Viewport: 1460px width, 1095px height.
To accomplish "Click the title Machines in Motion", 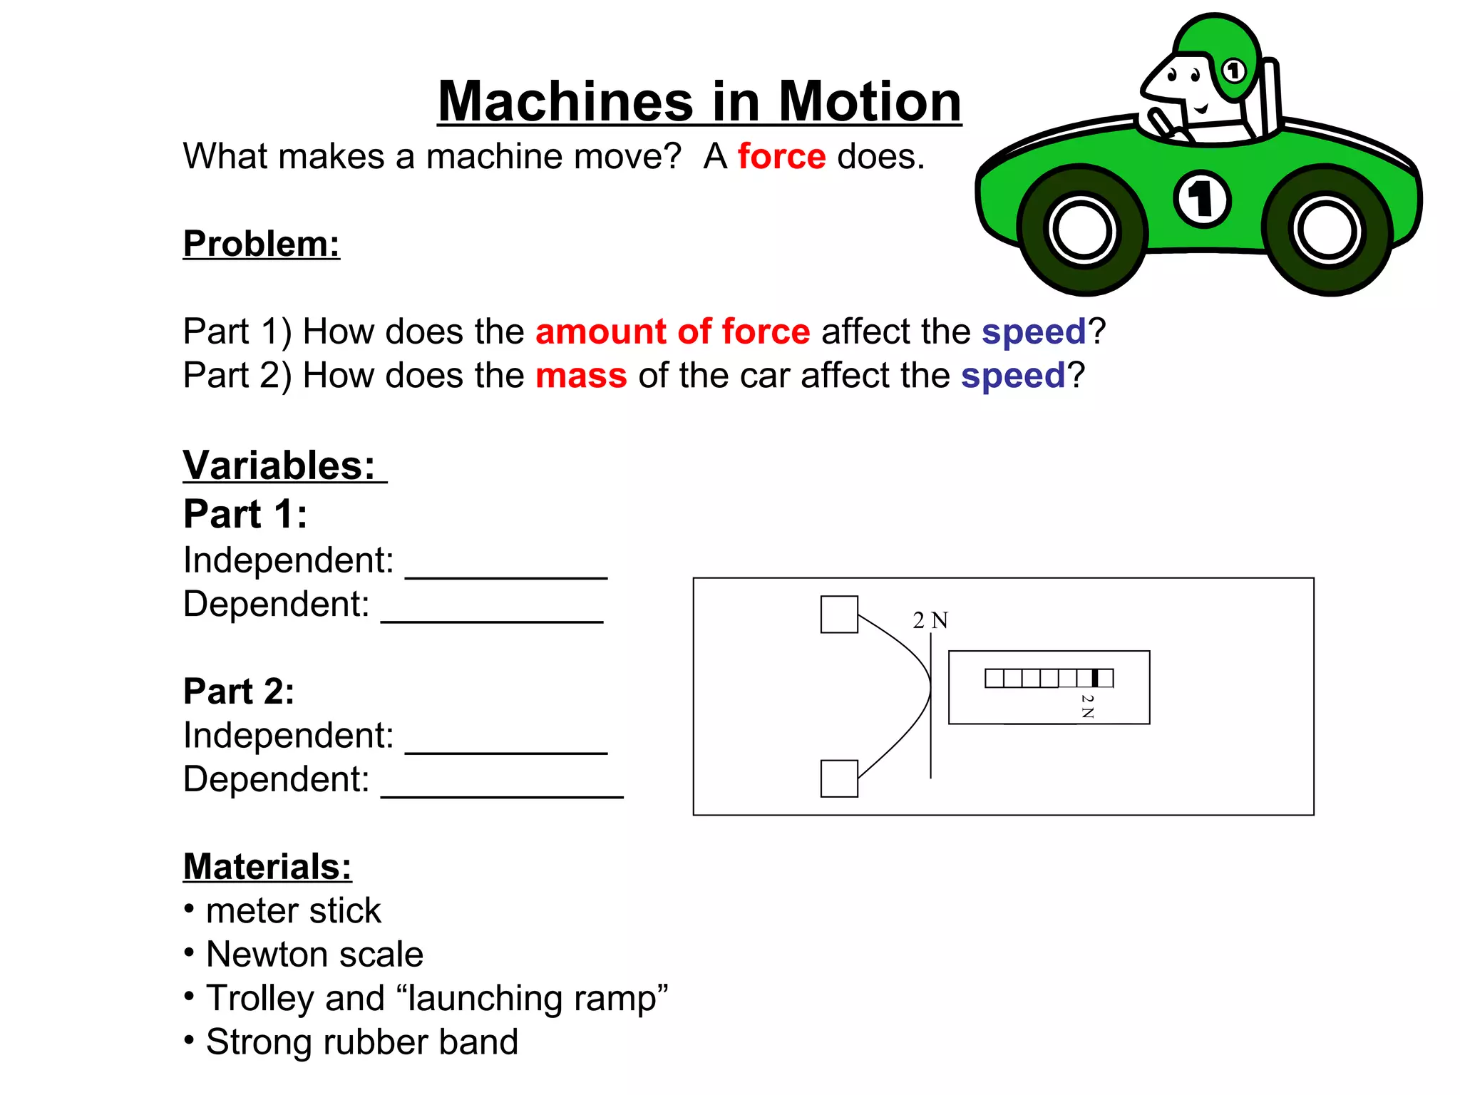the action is click(699, 102).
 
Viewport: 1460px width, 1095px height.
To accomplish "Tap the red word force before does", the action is click(781, 156).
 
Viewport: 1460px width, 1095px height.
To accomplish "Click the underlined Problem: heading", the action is click(262, 244).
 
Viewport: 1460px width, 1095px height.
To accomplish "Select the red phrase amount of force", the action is click(672, 331).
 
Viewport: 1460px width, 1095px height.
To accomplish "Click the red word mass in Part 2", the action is click(581, 376).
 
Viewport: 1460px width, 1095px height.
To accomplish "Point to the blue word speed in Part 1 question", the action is click(1034, 331).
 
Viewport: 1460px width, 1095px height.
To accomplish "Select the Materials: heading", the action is click(267, 867).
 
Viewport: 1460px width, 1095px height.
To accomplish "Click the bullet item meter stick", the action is click(293, 911).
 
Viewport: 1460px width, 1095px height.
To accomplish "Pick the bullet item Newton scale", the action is click(314, 955).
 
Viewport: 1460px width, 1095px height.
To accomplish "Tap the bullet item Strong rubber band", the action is click(361, 1042).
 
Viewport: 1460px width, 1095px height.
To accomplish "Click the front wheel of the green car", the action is click(1081, 230).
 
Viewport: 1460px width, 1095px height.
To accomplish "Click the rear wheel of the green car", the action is click(1327, 230).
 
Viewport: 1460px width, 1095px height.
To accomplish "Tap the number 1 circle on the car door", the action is click(1202, 199).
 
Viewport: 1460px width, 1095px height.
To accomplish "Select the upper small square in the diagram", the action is click(839, 615).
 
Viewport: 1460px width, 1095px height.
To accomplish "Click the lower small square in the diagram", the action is click(839, 778).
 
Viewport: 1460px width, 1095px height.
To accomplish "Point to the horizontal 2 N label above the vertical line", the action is click(930, 620).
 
